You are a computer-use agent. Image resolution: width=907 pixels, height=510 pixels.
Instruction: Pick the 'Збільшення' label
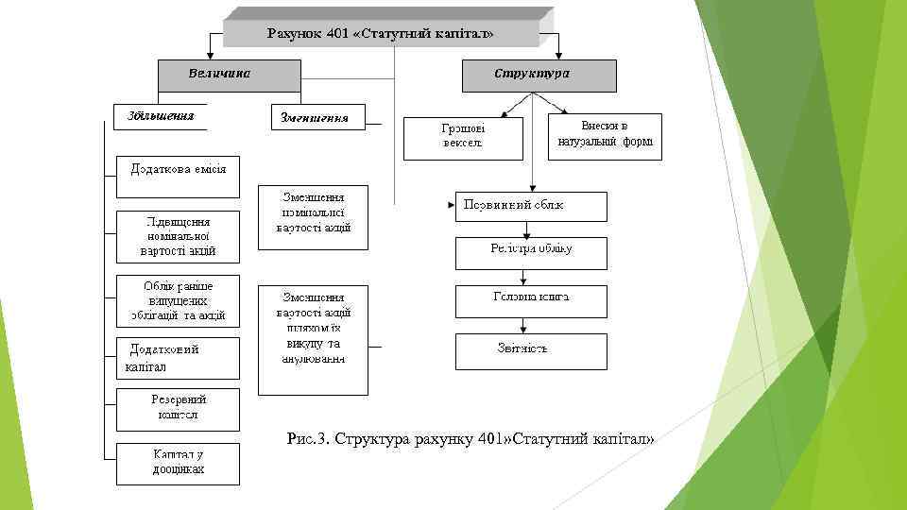point(157,116)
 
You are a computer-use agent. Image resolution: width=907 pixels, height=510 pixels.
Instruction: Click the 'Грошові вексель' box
point(463,137)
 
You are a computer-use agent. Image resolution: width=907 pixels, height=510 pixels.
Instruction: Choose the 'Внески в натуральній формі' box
point(606,137)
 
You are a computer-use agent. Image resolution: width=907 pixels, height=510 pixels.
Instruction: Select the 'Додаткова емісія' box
point(178,176)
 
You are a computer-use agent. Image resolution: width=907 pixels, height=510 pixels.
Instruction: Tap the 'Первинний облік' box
point(531,206)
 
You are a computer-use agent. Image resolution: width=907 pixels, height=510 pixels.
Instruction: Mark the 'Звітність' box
point(531,350)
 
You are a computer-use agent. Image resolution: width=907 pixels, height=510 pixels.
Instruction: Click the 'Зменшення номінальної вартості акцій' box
point(314,215)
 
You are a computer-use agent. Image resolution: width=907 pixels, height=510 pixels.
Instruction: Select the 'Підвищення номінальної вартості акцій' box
point(178,235)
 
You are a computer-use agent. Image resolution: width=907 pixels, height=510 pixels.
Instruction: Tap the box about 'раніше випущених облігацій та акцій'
point(178,300)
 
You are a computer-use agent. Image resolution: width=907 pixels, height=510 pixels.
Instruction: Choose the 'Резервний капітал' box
point(178,409)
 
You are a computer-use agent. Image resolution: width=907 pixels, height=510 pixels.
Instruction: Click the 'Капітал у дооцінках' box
point(178,464)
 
